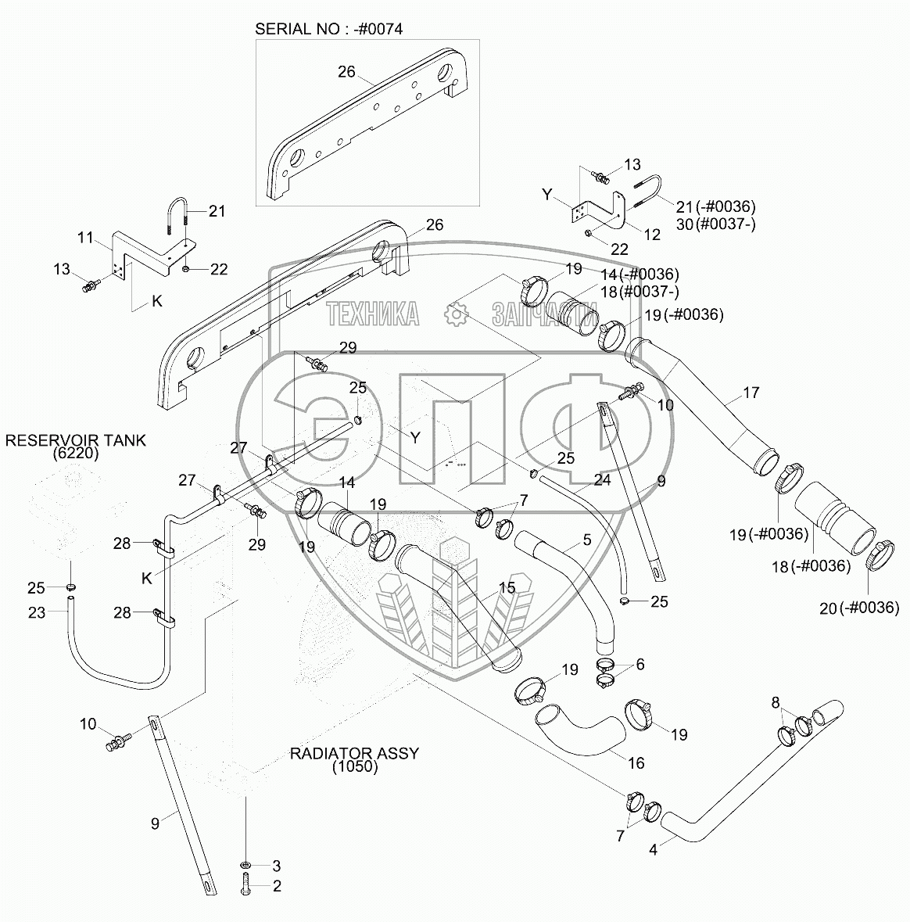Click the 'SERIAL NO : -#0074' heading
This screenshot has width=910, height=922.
pos(328,29)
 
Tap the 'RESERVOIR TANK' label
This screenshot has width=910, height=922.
pos(75,440)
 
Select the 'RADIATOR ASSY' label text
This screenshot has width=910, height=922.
pos(354,753)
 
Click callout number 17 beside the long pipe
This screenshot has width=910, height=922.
pos(751,393)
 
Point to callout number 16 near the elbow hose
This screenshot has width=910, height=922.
pos(636,762)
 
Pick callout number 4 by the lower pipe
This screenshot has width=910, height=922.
pos(653,849)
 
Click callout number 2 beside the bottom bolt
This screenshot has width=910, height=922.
pos(277,886)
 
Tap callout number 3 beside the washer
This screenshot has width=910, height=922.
pos(276,866)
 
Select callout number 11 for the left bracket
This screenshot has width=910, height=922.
pos(86,238)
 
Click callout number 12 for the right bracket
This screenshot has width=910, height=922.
pos(652,235)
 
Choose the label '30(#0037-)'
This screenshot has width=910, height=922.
pos(716,224)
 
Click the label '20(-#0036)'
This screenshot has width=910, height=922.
pos(859,608)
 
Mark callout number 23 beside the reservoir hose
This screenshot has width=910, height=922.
pos(37,612)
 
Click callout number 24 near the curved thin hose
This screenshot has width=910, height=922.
pos(602,480)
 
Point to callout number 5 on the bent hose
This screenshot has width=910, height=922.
pos(587,540)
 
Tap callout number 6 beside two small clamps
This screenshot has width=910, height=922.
pos(640,664)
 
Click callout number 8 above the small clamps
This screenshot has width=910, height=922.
pos(776,702)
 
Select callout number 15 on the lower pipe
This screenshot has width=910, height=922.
pos(507,587)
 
